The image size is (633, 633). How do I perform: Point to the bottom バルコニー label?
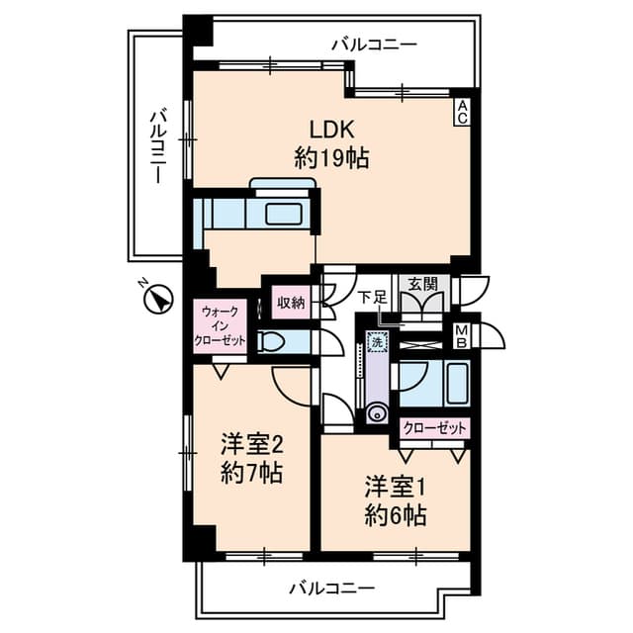pos(331,588)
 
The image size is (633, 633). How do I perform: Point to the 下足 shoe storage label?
pos(372,297)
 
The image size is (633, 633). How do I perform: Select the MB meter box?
pos(462,336)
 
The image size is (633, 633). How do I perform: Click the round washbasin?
pos(376,414)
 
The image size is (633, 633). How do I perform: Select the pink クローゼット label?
pos(436,429)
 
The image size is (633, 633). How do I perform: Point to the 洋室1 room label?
pos(395,488)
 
